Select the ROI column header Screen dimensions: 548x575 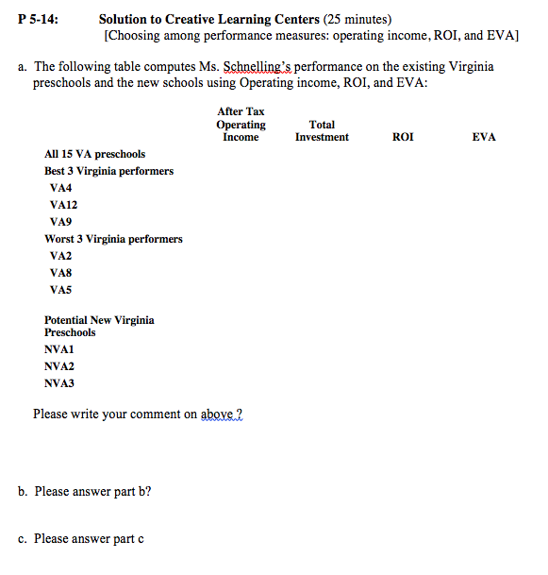point(402,138)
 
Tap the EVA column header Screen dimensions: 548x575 point(484,138)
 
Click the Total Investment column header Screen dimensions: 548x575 point(322,131)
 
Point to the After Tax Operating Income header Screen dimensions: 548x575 point(241,125)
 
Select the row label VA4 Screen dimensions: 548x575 point(61,188)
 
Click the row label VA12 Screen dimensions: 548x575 point(64,205)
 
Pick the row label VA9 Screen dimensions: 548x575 point(61,222)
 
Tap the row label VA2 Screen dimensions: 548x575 point(61,256)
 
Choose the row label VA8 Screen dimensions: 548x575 point(61,273)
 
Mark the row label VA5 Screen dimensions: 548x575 point(61,290)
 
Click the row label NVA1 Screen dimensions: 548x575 point(59,349)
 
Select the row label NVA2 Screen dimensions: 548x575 point(59,366)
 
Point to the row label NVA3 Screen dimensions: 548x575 point(59,383)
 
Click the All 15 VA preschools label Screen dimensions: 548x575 point(94,154)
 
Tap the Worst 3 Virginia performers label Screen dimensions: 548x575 point(113,239)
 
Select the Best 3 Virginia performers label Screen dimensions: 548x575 point(108,171)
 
